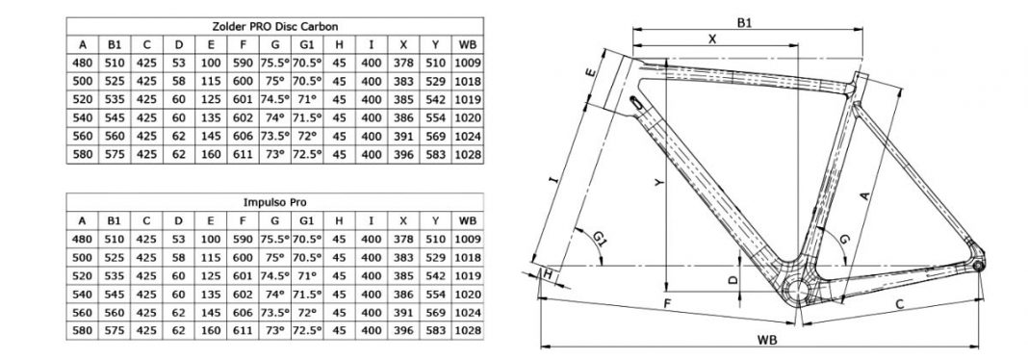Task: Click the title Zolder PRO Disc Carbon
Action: (274, 26)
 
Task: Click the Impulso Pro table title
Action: (274, 203)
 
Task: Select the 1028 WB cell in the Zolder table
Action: (468, 155)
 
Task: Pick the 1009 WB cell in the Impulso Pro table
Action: (468, 240)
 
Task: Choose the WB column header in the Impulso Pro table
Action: (468, 221)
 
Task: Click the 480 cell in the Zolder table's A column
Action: (83, 63)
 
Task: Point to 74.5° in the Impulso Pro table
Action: (274, 276)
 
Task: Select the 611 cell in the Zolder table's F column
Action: (243, 155)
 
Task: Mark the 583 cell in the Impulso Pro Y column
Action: (435, 331)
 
